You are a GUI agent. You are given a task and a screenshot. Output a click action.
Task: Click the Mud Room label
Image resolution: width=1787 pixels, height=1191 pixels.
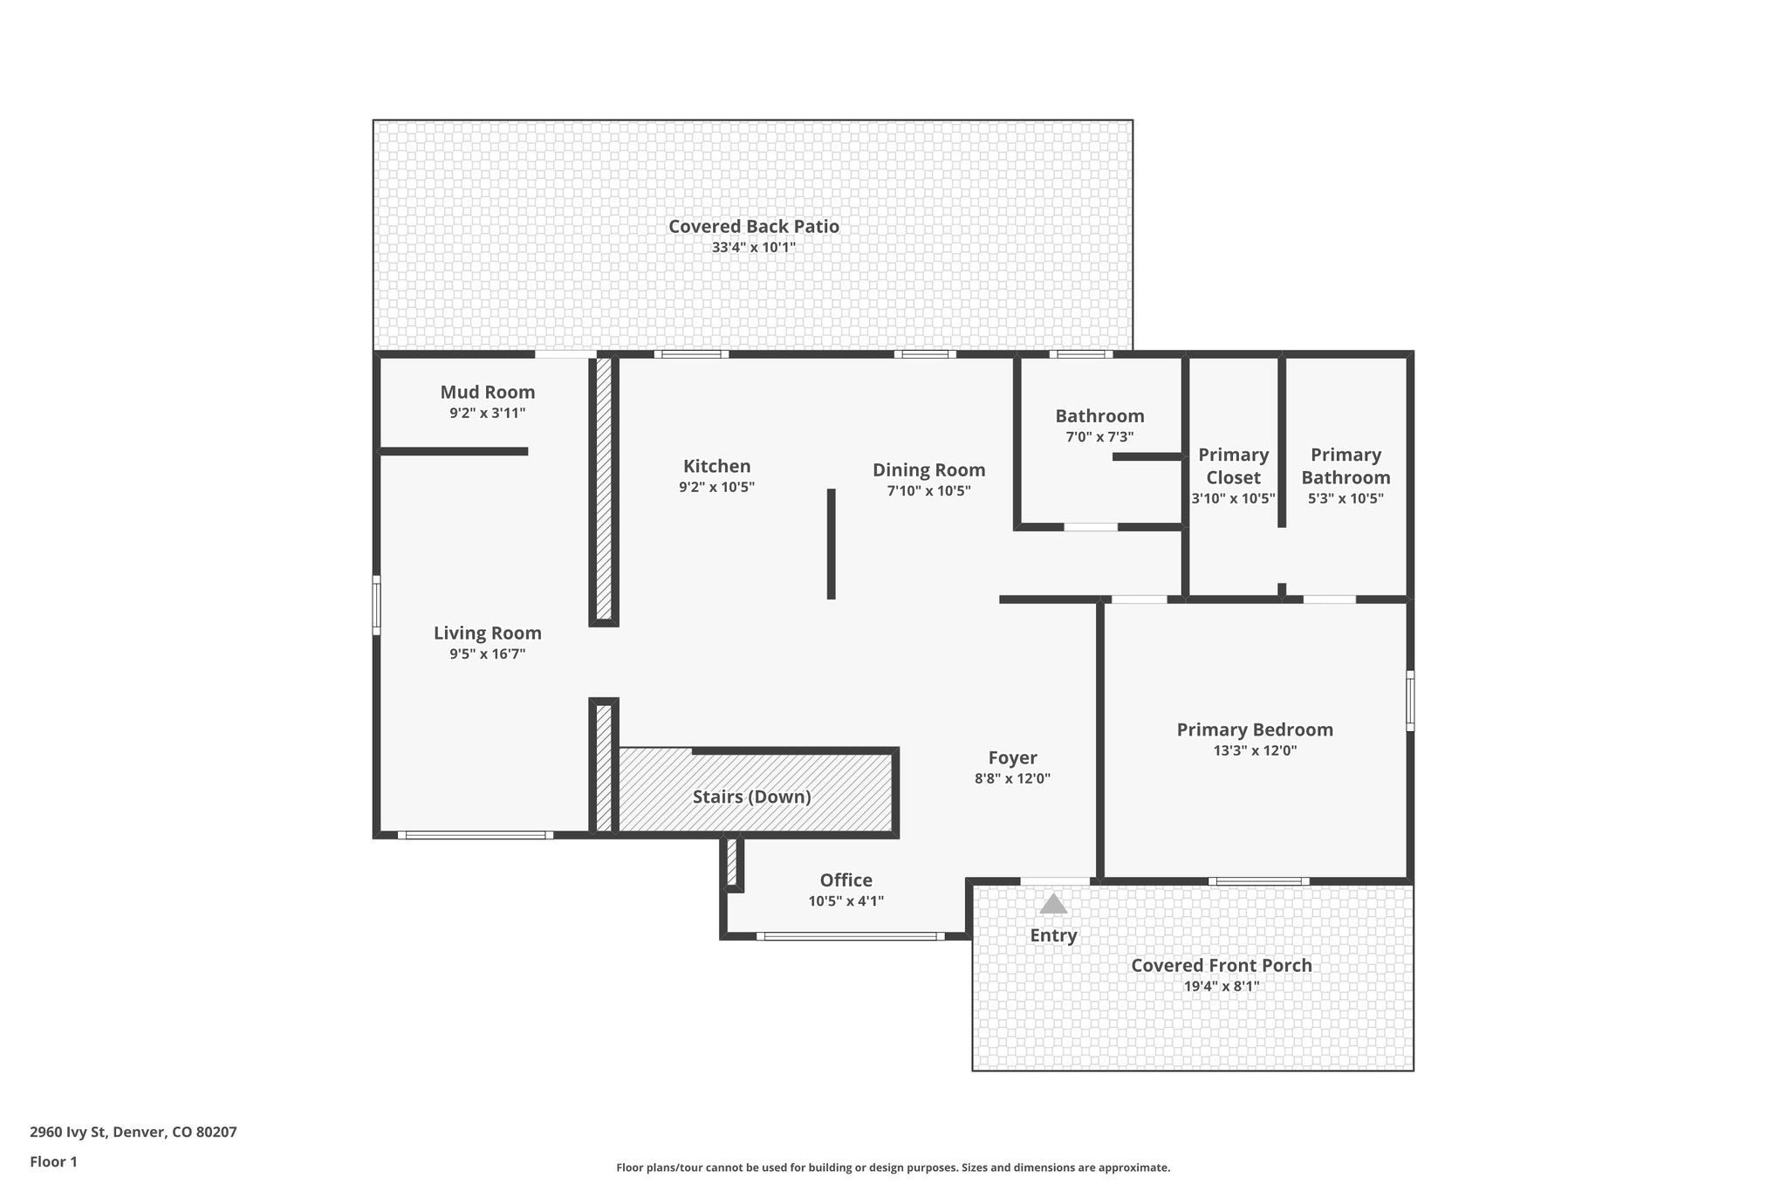coord(487,393)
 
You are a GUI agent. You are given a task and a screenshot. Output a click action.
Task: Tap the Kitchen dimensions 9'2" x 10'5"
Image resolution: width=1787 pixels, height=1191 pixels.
coord(716,488)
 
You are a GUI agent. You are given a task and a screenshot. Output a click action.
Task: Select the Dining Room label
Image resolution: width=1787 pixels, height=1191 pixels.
coord(928,470)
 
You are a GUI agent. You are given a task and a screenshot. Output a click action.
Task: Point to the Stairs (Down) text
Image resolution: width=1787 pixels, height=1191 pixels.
coord(751,797)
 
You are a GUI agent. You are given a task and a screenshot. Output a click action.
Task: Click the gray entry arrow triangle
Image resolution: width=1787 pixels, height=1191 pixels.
coord(1053,904)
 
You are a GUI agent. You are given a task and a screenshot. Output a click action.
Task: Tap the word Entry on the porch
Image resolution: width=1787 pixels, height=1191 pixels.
coord(1053,935)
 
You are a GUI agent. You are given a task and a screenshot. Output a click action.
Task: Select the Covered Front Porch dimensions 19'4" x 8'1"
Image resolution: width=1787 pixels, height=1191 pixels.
coord(1222,987)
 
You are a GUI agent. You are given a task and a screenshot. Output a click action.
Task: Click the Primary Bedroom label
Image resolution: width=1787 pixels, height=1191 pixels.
coord(1254,729)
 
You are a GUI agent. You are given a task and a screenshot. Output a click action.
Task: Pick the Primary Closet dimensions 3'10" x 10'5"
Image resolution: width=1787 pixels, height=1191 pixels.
coord(1233,499)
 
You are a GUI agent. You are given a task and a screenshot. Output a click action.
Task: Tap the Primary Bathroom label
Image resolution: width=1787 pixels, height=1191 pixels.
coord(1345,466)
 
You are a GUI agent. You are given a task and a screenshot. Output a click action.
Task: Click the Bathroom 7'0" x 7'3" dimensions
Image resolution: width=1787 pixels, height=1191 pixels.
coord(1099,437)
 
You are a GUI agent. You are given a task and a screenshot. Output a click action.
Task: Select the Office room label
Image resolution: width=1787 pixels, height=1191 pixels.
coord(846,880)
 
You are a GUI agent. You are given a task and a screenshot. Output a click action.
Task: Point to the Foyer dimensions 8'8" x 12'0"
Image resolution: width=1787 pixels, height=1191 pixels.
coord(1012,779)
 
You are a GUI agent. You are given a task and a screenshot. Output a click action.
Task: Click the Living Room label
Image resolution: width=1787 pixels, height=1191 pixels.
coord(487,633)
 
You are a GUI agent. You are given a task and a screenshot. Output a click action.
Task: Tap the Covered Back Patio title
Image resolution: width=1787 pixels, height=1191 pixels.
coord(753,227)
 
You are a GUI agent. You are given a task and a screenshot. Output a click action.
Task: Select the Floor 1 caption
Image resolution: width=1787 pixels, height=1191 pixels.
coord(53,1161)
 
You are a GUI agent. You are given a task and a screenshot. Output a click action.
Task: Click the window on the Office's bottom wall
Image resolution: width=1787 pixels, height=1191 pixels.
coord(850,936)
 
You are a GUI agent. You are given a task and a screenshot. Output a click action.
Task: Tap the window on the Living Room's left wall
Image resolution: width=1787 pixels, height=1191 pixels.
coord(377,604)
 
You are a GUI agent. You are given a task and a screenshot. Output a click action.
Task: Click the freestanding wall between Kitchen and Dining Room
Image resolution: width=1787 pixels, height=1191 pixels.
coord(831,544)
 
